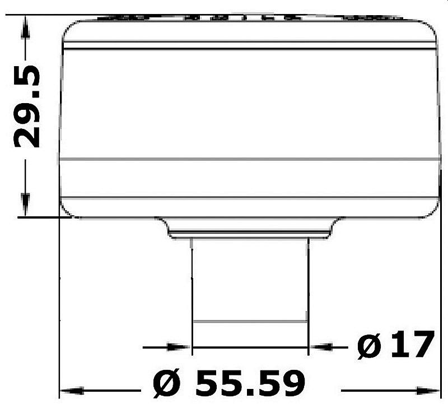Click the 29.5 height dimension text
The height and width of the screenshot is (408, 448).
[x=26, y=106]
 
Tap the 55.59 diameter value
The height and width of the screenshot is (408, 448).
[x=250, y=383]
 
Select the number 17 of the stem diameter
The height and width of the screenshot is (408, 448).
[x=412, y=344]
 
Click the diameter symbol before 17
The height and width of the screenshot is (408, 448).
[x=369, y=346]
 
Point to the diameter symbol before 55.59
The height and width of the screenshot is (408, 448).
[x=167, y=384]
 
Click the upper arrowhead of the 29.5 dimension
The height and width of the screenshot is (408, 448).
[x=25, y=27]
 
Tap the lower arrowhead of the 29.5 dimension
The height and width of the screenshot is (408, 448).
[x=25, y=205]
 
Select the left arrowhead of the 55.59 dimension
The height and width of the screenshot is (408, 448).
[x=72, y=391]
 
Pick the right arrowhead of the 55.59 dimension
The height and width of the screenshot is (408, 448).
[x=428, y=391]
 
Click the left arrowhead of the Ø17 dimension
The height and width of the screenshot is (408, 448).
[x=179, y=347]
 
